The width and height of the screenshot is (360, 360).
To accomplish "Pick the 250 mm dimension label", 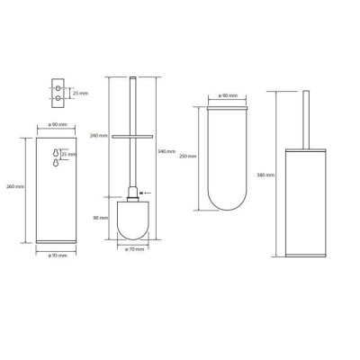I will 187,156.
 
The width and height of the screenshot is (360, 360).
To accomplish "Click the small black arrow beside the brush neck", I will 148,192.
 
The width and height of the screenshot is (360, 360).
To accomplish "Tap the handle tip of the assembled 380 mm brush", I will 305,95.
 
